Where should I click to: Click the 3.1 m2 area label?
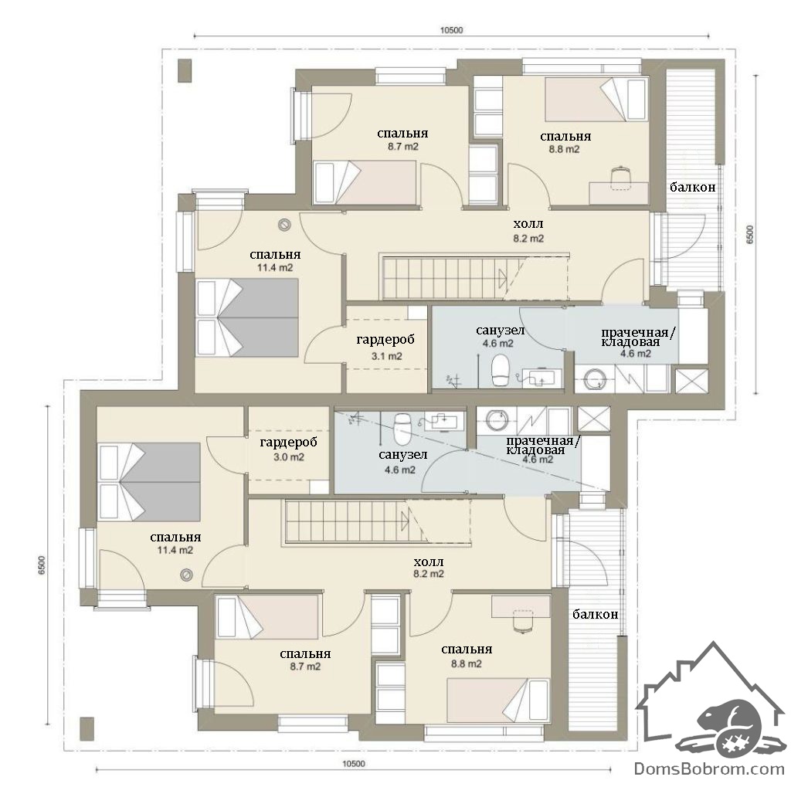(387, 356)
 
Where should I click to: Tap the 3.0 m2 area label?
(289, 457)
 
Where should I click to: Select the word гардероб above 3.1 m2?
(385, 340)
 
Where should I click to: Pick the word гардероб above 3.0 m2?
(289, 443)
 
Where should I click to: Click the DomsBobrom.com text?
(709, 768)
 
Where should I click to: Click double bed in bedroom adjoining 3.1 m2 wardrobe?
(247, 318)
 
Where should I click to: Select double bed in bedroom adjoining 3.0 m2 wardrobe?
(149, 482)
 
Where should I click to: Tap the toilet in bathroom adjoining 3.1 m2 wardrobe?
(501, 371)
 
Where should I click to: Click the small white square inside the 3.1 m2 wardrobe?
(417, 312)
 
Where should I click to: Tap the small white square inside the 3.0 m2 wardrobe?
(319, 487)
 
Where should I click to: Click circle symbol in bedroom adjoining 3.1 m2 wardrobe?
(285, 225)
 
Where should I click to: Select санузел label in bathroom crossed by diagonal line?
(402, 455)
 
